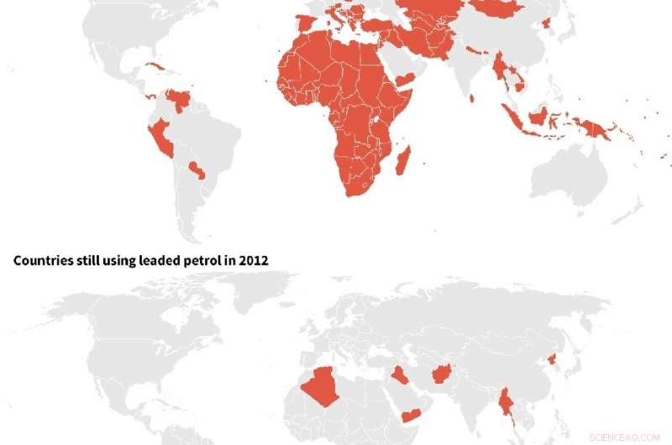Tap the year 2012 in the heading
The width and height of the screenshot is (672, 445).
click(253, 260)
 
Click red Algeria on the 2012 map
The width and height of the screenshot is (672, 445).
click(320, 386)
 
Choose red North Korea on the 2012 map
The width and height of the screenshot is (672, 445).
click(550, 360)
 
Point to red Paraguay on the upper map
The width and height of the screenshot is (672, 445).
click(197, 170)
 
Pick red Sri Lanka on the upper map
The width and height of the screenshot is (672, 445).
click(472, 98)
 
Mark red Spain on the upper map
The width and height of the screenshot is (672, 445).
click(307, 24)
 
